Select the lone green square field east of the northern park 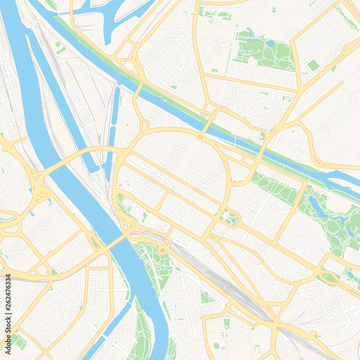coord(313,65)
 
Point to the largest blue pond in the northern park coord(270,44)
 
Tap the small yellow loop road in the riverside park coord(163,250)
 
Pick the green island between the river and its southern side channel coord(142,331)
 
